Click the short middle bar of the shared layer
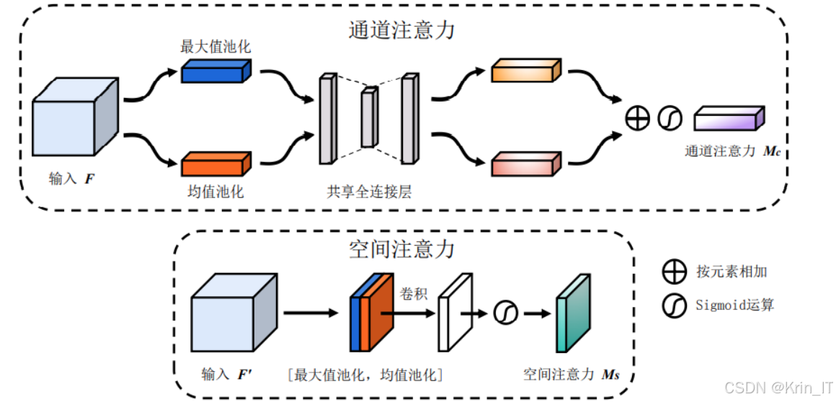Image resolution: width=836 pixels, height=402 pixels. pos(369,117)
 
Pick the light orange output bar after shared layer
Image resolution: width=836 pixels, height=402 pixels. pos(525,71)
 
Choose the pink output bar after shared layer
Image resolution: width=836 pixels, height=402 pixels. pos(525,165)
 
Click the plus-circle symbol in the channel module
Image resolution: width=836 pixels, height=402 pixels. pos(638,119)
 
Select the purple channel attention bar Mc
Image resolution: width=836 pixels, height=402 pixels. pos(729,119)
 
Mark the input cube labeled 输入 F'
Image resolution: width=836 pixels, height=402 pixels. pos(234,314)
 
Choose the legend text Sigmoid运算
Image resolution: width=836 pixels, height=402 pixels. pos(735,305)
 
